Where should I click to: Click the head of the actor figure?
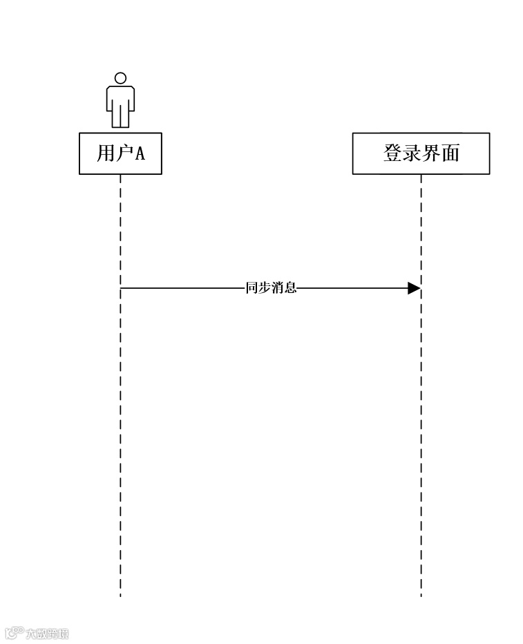point(120,78)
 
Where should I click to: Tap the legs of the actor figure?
point(120,117)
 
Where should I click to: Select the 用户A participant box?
point(120,153)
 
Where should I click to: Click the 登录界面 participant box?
point(421,153)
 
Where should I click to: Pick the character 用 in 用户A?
point(105,153)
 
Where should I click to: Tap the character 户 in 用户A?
point(123,153)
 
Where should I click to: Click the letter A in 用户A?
point(139,153)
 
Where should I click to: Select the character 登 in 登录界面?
point(392,153)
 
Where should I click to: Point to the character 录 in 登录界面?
point(412,153)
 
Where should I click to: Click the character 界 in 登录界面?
point(431,153)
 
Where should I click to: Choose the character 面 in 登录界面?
point(450,153)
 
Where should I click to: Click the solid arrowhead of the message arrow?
point(414,288)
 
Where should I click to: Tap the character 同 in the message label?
point(251,288)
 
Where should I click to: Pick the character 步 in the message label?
point(265,288)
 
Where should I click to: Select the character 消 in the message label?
point(278,288)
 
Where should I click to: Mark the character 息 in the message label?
point(291,288)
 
